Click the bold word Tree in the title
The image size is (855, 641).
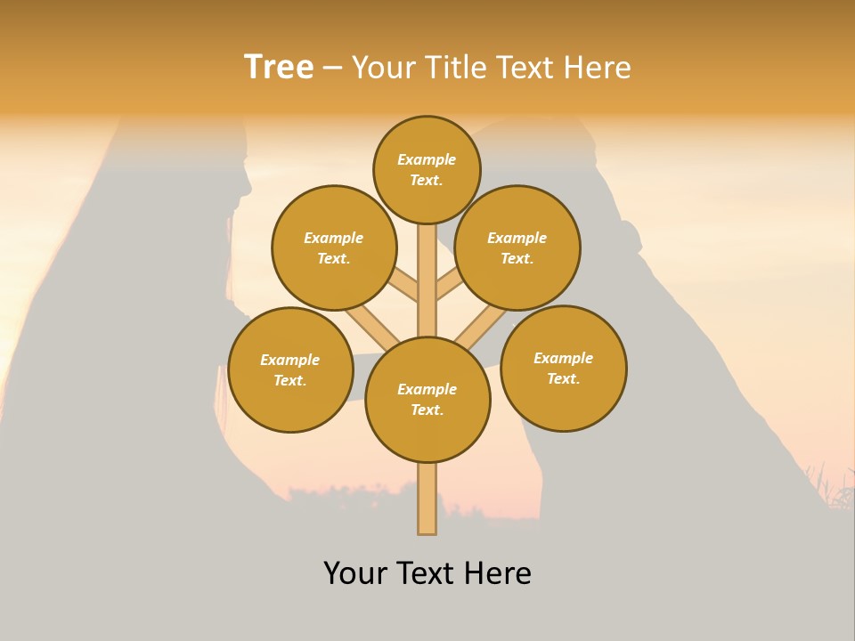279,67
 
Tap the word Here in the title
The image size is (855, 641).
597,67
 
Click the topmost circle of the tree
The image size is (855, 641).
427,170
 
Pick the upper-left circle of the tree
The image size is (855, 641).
334,248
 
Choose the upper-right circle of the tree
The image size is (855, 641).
517,248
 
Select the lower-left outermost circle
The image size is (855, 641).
290,370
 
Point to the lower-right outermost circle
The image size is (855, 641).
564,369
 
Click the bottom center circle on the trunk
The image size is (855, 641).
427,400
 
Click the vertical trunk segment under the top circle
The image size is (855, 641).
427,267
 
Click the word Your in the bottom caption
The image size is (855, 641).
354,573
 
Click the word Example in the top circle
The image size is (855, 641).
427,160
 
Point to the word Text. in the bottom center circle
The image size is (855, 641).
427,410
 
